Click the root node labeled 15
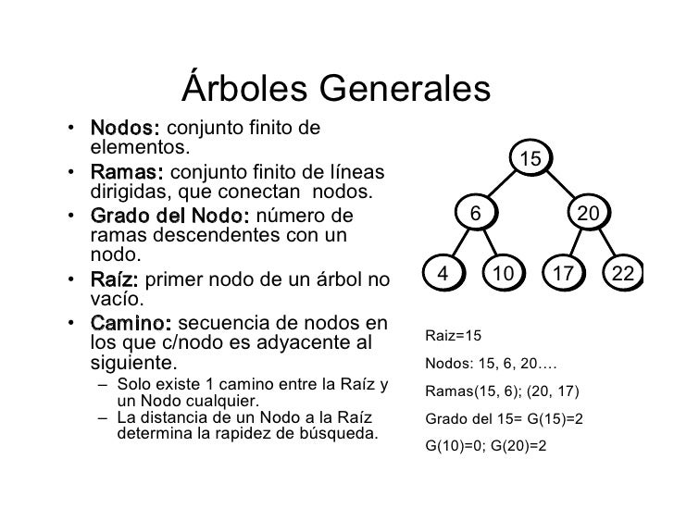530,160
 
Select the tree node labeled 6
474,214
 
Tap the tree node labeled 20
588,214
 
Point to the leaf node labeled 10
503,274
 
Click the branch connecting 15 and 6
501,187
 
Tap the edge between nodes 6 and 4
456,244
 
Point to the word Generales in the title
403,90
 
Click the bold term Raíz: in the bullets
115,280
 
